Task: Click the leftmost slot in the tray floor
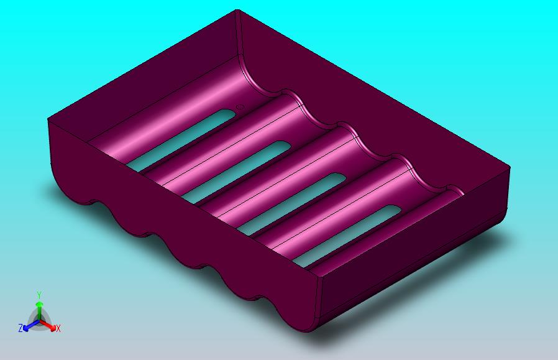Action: (177, 141)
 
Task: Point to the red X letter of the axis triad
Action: (58, 328)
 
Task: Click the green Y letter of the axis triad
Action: (39, 295)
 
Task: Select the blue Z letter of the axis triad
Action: (21, 328)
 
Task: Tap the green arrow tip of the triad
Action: (39, 304)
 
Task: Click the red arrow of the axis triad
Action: (50, 324)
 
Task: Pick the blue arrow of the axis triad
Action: (28, 325)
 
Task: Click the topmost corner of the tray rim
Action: (237, 11)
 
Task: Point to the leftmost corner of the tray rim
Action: (48, 119)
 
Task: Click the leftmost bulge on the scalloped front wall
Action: (71, 187)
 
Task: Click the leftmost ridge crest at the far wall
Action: (290, 95)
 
